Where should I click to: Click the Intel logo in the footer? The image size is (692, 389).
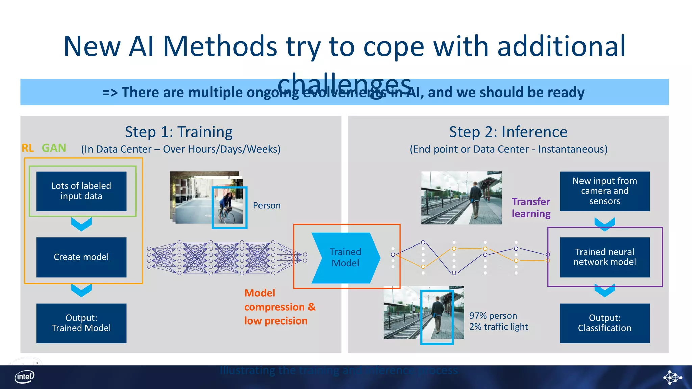click(x=24, y=377)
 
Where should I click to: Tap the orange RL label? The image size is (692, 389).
click(x=28, y=148)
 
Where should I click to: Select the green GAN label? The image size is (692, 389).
click(x=54, y=148)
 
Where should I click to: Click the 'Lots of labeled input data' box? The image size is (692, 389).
click(x=81, y=191)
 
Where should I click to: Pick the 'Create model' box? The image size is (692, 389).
click(x=81, y=257)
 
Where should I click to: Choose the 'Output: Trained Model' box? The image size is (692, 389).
click(x=81, y=323)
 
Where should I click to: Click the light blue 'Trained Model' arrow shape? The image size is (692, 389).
click(x=345, y=258)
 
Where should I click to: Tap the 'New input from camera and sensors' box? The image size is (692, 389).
click(x=604, y=191)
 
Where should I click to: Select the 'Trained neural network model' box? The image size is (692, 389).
click(x=604, y=257)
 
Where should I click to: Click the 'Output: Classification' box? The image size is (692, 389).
click(x=604, y=323)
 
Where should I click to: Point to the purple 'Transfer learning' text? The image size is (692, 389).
click(x=531, y=208)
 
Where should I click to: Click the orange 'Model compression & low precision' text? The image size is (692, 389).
click(x=279, y=307)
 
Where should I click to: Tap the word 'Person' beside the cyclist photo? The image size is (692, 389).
click(x=267, y=205)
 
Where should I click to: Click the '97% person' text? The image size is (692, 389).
click(x=493, y=316)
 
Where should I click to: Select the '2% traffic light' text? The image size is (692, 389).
click(x=498, y=327)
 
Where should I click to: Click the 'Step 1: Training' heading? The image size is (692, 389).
click(x=179, y=132)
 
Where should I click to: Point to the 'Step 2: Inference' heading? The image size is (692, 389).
click(x=508, y=132)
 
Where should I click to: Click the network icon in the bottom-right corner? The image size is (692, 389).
click(x=672, y=377)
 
